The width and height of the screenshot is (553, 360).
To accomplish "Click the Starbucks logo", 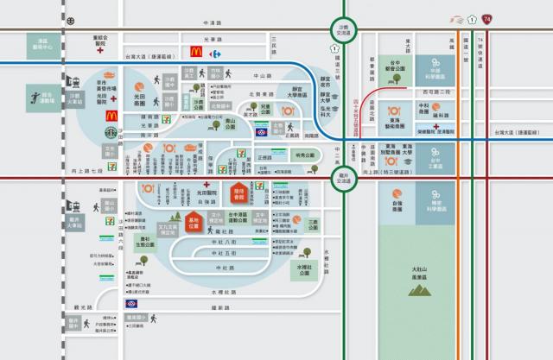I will [111, 134].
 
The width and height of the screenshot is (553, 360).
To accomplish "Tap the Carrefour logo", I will [216, 53].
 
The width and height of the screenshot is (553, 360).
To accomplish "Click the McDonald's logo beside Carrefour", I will [196, 53].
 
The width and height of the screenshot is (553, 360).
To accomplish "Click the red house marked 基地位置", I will [199, 225].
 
